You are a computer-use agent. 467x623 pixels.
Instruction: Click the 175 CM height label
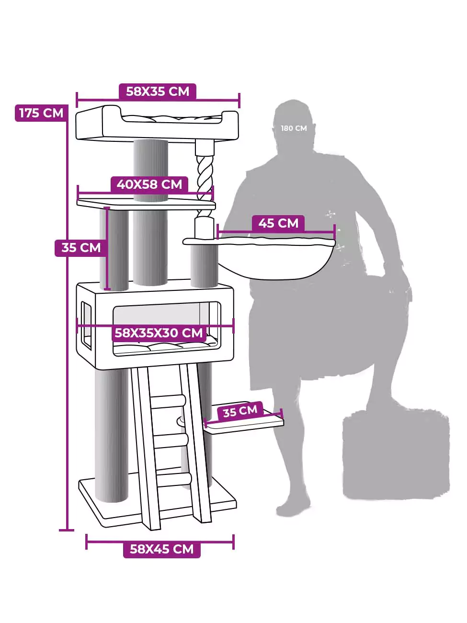tap(41, 113)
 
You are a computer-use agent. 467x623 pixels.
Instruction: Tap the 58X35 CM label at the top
tap(158, 92)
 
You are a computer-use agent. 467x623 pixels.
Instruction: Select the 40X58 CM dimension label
tap(149, 184)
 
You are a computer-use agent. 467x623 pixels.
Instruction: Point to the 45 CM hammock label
tap(278, 223)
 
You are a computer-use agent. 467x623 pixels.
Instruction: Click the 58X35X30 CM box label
tap(159, 333)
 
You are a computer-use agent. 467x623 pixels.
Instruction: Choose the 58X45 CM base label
tap(161, 549)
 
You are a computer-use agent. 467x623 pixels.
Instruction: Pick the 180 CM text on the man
tap(294, 128)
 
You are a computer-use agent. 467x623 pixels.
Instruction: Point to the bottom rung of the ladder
tap(173, 479)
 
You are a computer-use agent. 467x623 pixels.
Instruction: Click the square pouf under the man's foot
tap(396, 455)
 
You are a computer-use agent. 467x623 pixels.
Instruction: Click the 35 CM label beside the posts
tap(81, 248)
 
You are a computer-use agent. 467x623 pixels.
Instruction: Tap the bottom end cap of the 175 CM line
tap(67, 530)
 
